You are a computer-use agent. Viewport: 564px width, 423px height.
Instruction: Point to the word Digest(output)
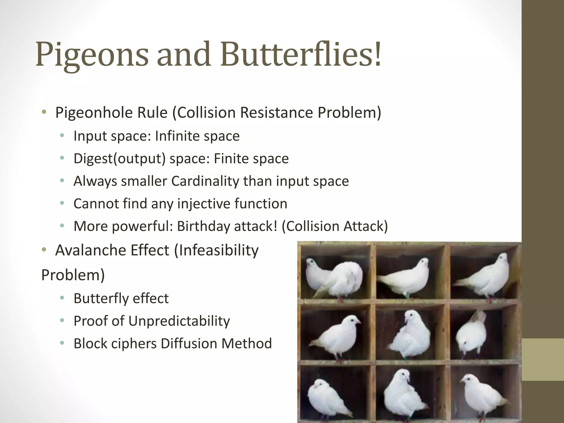pyautogui.click(x=119, y=159)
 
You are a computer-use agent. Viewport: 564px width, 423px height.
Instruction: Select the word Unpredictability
pyautogui.click(x=179, y=321)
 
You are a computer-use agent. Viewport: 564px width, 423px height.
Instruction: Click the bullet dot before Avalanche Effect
pyautogui.click(x=44, y=250)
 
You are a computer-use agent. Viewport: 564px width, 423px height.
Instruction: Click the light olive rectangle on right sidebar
pyautogui.click(x=543, y=359)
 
